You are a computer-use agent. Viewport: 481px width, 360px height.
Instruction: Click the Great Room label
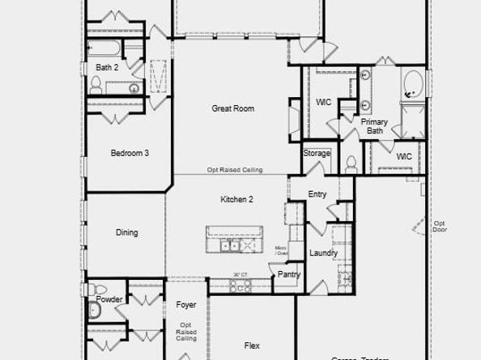click(x=233, y=108)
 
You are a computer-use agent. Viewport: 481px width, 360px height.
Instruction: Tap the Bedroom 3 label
click(x=130, y=153)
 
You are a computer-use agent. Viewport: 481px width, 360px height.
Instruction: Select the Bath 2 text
click(x=107, y=68)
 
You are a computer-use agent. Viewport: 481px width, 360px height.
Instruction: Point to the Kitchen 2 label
click(x=237, y=199)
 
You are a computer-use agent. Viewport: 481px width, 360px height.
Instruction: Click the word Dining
click(x=126, y=233)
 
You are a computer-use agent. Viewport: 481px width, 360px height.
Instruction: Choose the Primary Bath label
click(x=374, y=126)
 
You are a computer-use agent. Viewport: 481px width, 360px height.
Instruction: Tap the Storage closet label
click(x=317, y=154)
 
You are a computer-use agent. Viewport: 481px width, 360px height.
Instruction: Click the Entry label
click(x=317, y=194)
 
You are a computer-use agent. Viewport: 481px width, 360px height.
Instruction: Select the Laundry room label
click(x=323, y=253)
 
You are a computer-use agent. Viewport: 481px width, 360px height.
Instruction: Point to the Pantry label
click(x=289, y=275)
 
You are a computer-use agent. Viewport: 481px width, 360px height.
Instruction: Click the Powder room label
click(x=109, y=299)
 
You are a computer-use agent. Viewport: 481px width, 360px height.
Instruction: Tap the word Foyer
click(x=186, y=305)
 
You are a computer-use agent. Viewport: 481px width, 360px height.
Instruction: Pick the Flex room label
click(x=252, y=345)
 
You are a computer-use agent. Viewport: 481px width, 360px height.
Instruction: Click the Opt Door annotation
click(x=440, y=227)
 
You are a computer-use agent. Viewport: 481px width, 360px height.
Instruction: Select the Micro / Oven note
click(x=281, y=251)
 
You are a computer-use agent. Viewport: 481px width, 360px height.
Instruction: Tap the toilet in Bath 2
click(x=95, y=86)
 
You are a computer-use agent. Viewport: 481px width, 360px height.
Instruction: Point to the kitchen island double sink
click(x=229, y=245)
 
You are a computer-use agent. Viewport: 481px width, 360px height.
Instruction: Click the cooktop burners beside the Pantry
click(x=240, y=286)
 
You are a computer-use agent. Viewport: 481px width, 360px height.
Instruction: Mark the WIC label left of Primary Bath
click(x=324, y=103)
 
